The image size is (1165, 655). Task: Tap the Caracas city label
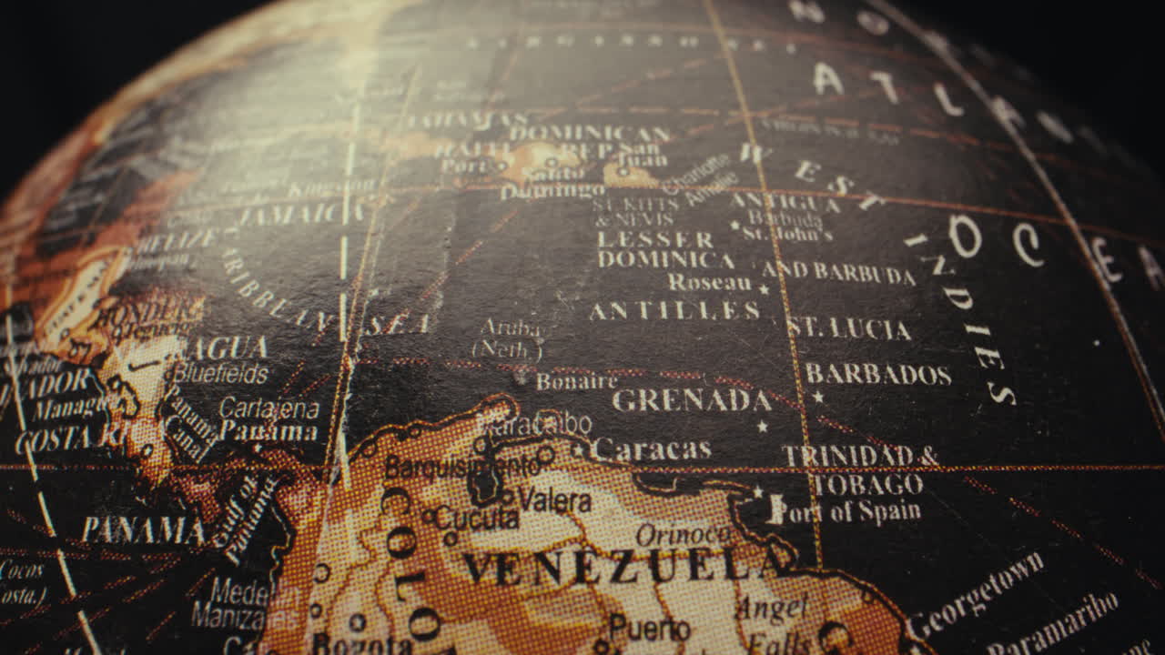click(x=651, y=449)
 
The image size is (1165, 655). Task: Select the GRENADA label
click(x=692, y=400)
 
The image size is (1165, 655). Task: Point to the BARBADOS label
click(x=878, y=375)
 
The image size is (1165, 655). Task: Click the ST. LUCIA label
click(x=849, y=329)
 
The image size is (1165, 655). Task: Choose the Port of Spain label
click(x=846, y=512)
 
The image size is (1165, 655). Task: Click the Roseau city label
click(x=710, y=283)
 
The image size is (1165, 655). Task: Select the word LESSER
click(x=655, y=240)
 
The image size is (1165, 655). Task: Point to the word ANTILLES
click(x=674, y=311)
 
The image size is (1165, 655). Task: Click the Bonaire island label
click(x=576, y=381)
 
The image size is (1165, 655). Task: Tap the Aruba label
click(x=510, y=328)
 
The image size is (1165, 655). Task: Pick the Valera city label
click(x=554, y=500)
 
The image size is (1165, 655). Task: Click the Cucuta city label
click(x=476, y=519)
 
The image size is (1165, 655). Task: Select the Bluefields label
click(x=220, y=373)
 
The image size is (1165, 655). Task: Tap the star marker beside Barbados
click(x=817, y=398)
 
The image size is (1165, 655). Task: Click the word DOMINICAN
click(x=590, y=134)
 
